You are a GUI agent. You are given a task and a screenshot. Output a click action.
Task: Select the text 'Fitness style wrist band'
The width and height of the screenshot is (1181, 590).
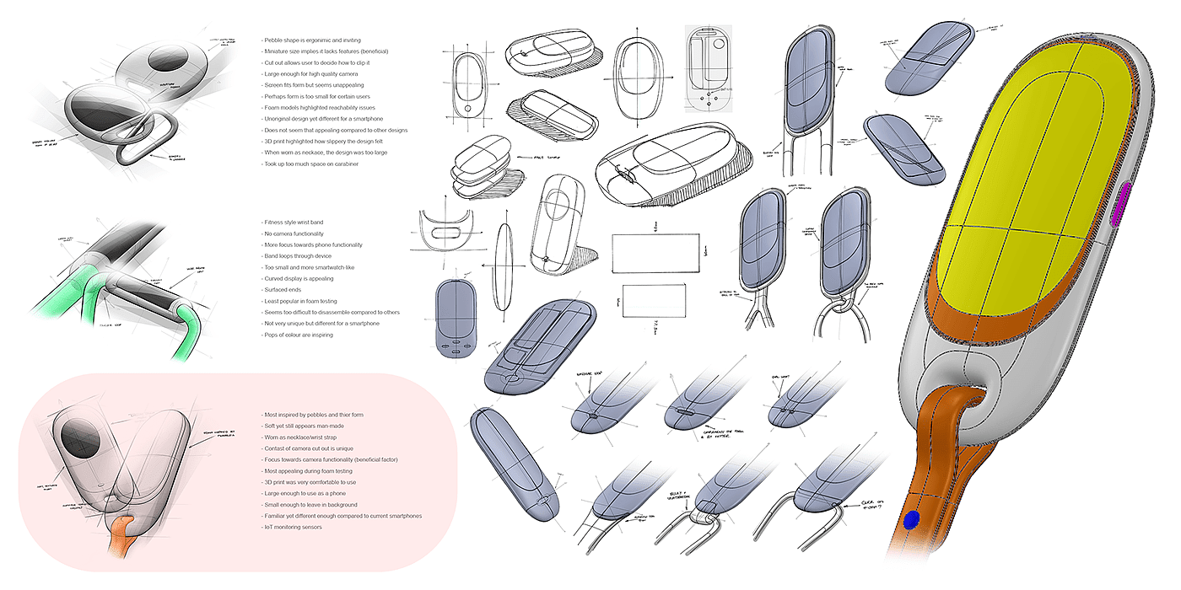294,222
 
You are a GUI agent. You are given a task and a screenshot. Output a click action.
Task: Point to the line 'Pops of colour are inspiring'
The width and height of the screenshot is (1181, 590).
299,335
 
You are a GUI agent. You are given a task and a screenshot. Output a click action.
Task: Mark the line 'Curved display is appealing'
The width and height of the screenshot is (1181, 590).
299,279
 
